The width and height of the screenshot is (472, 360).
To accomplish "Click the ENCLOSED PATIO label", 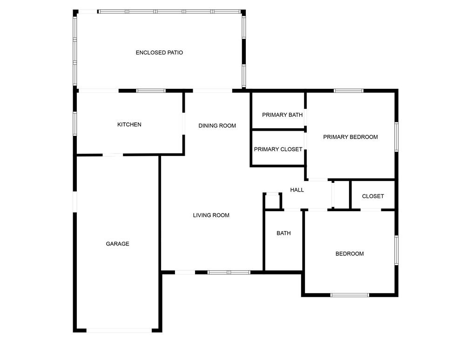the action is click(159, 53).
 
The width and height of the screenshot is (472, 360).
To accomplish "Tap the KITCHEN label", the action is click(129, 125).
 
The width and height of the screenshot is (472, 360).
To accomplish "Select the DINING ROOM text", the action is click(217, 126).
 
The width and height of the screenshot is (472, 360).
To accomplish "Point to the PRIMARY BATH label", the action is click(282, 115).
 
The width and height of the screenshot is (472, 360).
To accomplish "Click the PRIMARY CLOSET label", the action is click(278, 149).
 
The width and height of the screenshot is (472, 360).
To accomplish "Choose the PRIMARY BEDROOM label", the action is click(351, 137).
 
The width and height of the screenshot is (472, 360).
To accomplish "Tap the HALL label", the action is click(297, 190).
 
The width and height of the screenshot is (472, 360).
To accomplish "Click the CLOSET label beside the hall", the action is click(373, 196).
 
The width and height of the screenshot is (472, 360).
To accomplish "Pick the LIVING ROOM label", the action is click(211, 215).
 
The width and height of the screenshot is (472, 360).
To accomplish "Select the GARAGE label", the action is click(117, 244).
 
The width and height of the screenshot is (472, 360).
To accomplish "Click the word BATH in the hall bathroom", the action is click(283, 233).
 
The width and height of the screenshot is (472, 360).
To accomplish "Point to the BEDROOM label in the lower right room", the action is click(350, 254).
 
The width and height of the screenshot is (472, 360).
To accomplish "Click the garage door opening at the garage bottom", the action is click(119, 330).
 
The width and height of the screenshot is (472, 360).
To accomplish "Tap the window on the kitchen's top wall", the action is click(151, 91).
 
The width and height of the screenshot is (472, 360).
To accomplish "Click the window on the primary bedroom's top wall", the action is click(349, 91).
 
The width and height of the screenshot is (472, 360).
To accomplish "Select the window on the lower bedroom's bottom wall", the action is click(350, 295).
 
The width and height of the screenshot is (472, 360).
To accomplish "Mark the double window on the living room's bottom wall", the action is click(229, 273).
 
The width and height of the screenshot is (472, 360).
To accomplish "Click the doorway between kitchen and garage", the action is click(113, 155).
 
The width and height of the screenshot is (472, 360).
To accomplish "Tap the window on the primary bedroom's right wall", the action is click(397, 137).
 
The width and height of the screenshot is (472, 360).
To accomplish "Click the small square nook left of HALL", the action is click(272, 201).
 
